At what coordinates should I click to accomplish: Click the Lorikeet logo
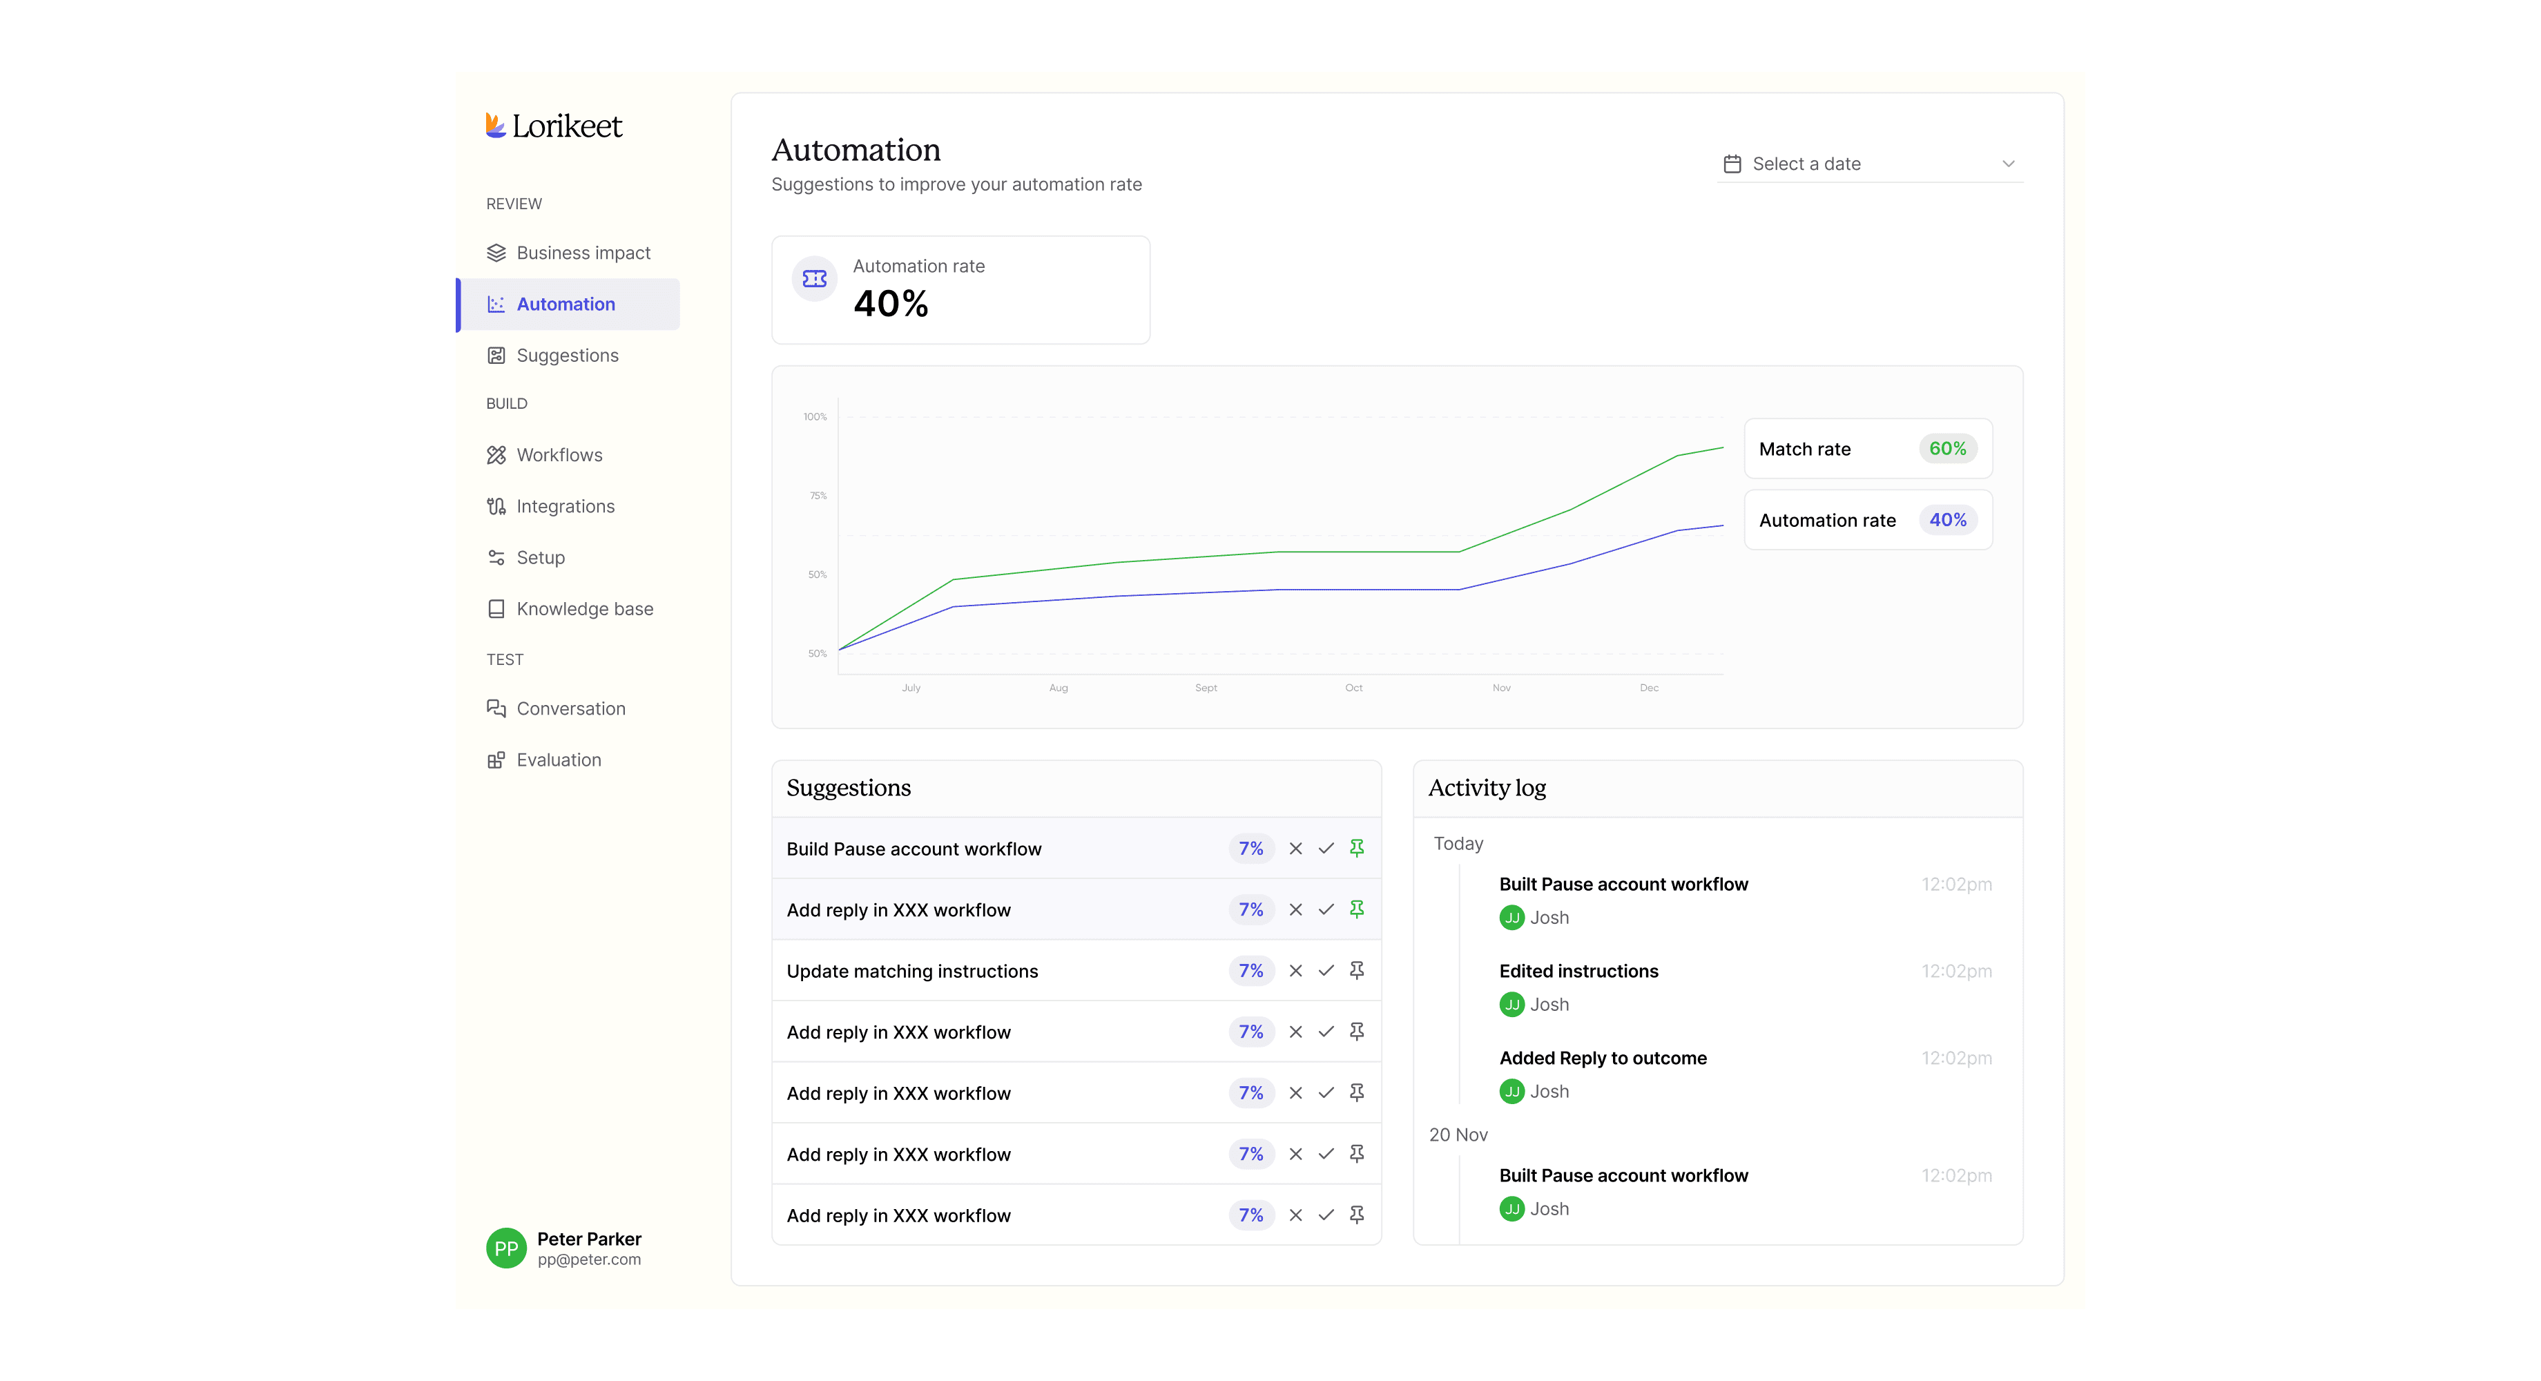pyautogui.click(x=553, y=126)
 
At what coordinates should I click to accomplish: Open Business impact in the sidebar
pyautogui.click(x=568, y=253)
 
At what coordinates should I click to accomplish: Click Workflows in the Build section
pyautogui.click(x=545, y=455)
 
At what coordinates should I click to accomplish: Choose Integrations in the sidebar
pyautogui.click(x=550, y=506)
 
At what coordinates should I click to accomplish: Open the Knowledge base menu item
pyautogui.click(x=570, y=608)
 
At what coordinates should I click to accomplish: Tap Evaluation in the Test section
pyautogui.click(x=543, y=760)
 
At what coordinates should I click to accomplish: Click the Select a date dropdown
pyautogui.click(x=1869, y=164)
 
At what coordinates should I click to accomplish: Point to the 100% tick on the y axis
pyautogui.click(x=815, y=416)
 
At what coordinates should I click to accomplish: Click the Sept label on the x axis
pyautogui.click(x=1206, y=688)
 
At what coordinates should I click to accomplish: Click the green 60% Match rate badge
pyautogui.click(x=1947, y=449)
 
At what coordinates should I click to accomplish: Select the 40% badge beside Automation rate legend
pyautogui.click(x=1947, y=520)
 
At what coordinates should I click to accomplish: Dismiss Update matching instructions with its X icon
pyautogui.click(x=1296, y=971)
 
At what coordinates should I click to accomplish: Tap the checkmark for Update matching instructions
pyautogui.click(x=1326, y=971)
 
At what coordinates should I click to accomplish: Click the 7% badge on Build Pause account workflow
pyautogui.click(x=1250, y=849)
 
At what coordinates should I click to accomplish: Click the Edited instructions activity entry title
pyautogui.click(x=1578, y=971)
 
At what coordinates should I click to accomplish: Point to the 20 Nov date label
pyautogui.click(x=1458, y=1134)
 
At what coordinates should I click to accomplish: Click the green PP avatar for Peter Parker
pyautogui.click(x=506, y=1248)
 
